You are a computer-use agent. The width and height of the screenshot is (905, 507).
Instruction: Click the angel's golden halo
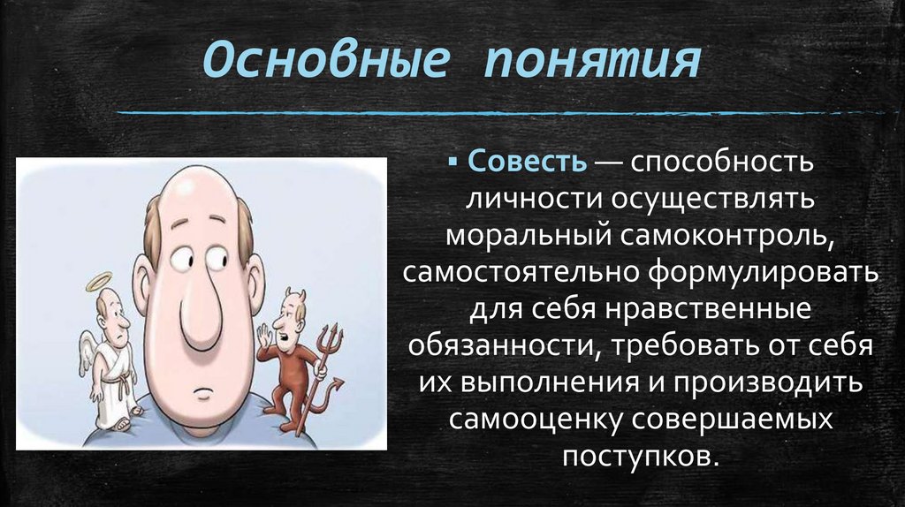pos(99,279)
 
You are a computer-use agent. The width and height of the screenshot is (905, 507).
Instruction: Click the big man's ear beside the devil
pos(255,284)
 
